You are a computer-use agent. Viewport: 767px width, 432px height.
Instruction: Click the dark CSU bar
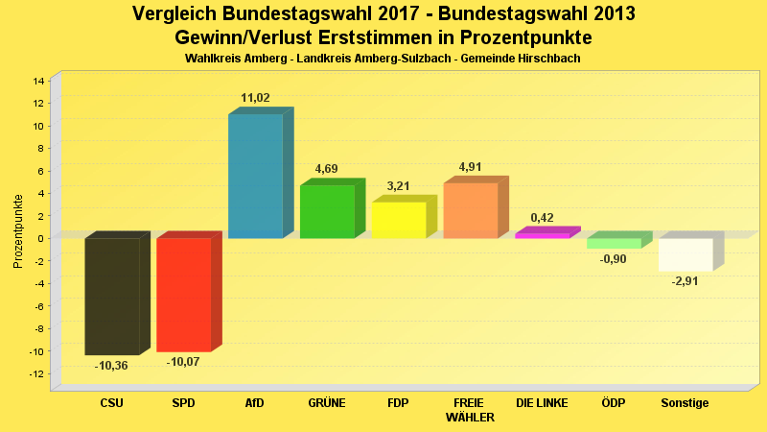point(112,296)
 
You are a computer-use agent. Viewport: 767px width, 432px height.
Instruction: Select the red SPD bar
point(183,295)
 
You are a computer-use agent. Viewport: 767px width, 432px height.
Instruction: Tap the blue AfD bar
point(255,176)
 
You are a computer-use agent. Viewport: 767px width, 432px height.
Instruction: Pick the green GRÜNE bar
point(327,211)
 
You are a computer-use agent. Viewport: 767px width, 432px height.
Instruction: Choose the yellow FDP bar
point(398,220)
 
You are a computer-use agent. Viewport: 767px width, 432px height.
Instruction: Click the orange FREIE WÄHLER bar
point(470,210)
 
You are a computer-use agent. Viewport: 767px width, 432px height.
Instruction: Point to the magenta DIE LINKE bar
point(542,235)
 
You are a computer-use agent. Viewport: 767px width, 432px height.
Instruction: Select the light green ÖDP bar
point(614,244)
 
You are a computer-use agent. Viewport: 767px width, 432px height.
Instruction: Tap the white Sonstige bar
point(686,254)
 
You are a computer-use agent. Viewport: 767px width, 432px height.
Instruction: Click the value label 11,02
point(255,98)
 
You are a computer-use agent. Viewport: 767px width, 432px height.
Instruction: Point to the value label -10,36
point(111,366)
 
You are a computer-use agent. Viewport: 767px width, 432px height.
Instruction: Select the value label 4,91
point(470,167)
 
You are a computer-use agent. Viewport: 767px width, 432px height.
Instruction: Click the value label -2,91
point(686,281)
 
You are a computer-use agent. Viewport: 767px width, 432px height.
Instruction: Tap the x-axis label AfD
point(255,403)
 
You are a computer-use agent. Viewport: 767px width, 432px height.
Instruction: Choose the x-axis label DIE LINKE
point(542,403)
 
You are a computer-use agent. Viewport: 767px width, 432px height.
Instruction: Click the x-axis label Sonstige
point(686,403)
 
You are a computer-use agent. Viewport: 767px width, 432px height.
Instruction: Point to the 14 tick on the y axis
point(39,81)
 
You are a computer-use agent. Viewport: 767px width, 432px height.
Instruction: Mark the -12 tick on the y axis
point(37,373)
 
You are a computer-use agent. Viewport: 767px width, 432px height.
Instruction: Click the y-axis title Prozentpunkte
point(18,231)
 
